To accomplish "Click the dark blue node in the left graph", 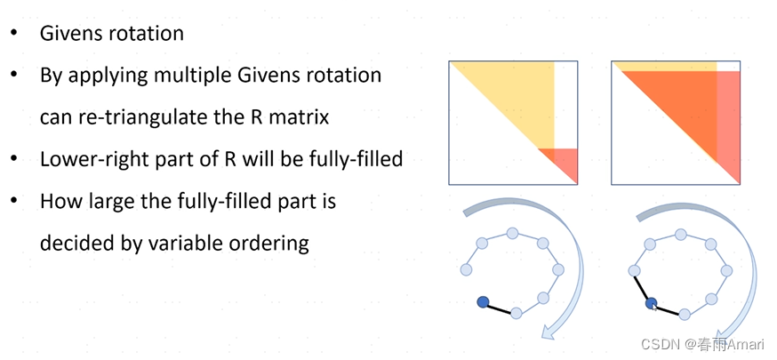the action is [483, 302].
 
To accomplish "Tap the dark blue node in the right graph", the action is [651, 303].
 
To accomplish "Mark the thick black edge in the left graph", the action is [499, 308].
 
